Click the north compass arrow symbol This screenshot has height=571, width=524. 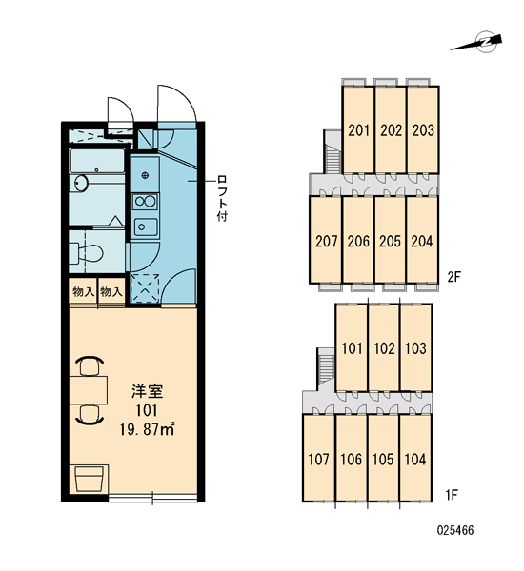pyautogui.click(x=477, y=43)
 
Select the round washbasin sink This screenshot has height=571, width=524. pyautogui.click(x=81, y=183)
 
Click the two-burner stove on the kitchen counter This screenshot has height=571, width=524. pyautogui.click(x=145, y=202)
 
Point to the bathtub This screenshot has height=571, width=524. pyautogui.click(x=97, y=160)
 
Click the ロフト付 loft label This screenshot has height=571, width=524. pyautogui.click(x=221, y=199)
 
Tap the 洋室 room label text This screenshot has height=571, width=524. pyautogui.click(x=148, y=391)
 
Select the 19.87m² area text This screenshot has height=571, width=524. pyautogui.click(x=148, y=430)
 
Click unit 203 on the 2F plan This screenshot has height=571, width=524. pyautogui.click(x=423, y=129)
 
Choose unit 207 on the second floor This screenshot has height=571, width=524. pyautogui.click(x=326, y=241)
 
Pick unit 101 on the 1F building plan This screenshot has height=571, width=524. pyautogui.click(x=352, y=348)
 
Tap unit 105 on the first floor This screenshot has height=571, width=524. pyautogui.click(x=383, y=459)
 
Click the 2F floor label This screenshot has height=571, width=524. pyautogui.click(x=454, y=278)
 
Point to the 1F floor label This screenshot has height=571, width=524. pyautogui.click(x=451, y=495)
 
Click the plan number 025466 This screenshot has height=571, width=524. pyautogui.click(x=455, y=530)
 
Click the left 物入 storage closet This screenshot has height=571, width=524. pyautogui.click(x=84, y=291)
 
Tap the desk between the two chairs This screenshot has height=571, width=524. pyautogui.click(x=89, y=390)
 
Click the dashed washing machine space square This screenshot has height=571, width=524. pyautogui.click(x=145, y=287)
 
